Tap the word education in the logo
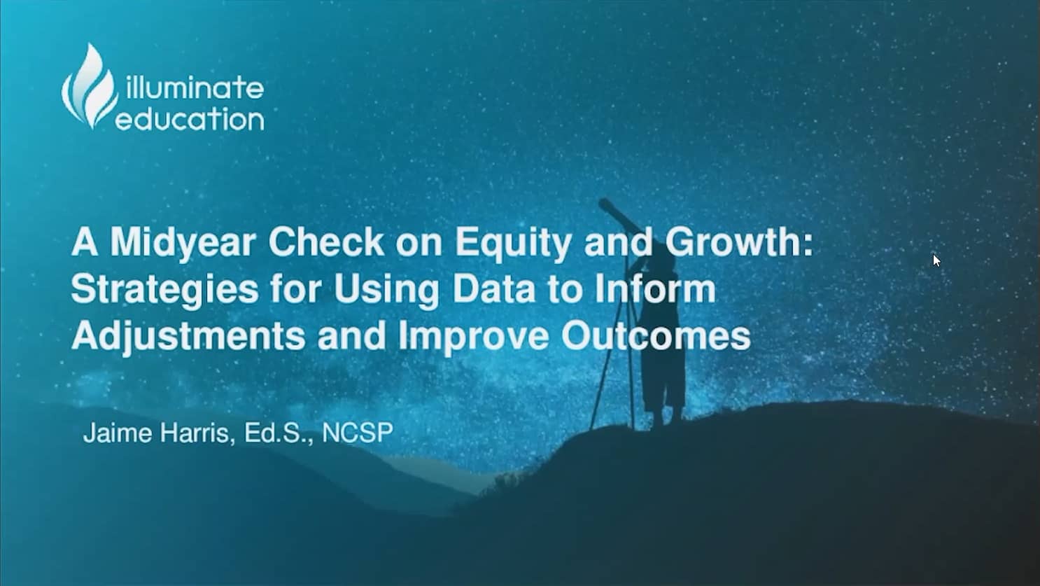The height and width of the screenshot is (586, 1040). [x=190, y=119]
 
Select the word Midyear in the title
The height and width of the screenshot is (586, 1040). [x=183, y=244]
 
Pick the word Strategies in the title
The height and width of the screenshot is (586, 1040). [x=165, y=291]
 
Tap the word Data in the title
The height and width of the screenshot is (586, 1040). [x=493, y=289]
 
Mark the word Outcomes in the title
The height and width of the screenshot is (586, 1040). [x=656, y=336]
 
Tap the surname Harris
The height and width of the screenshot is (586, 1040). [x=195, y=433]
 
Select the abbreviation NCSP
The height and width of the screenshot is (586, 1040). [x=358, y=433]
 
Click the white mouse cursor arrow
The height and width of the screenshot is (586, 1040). [x=936, y=260]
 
